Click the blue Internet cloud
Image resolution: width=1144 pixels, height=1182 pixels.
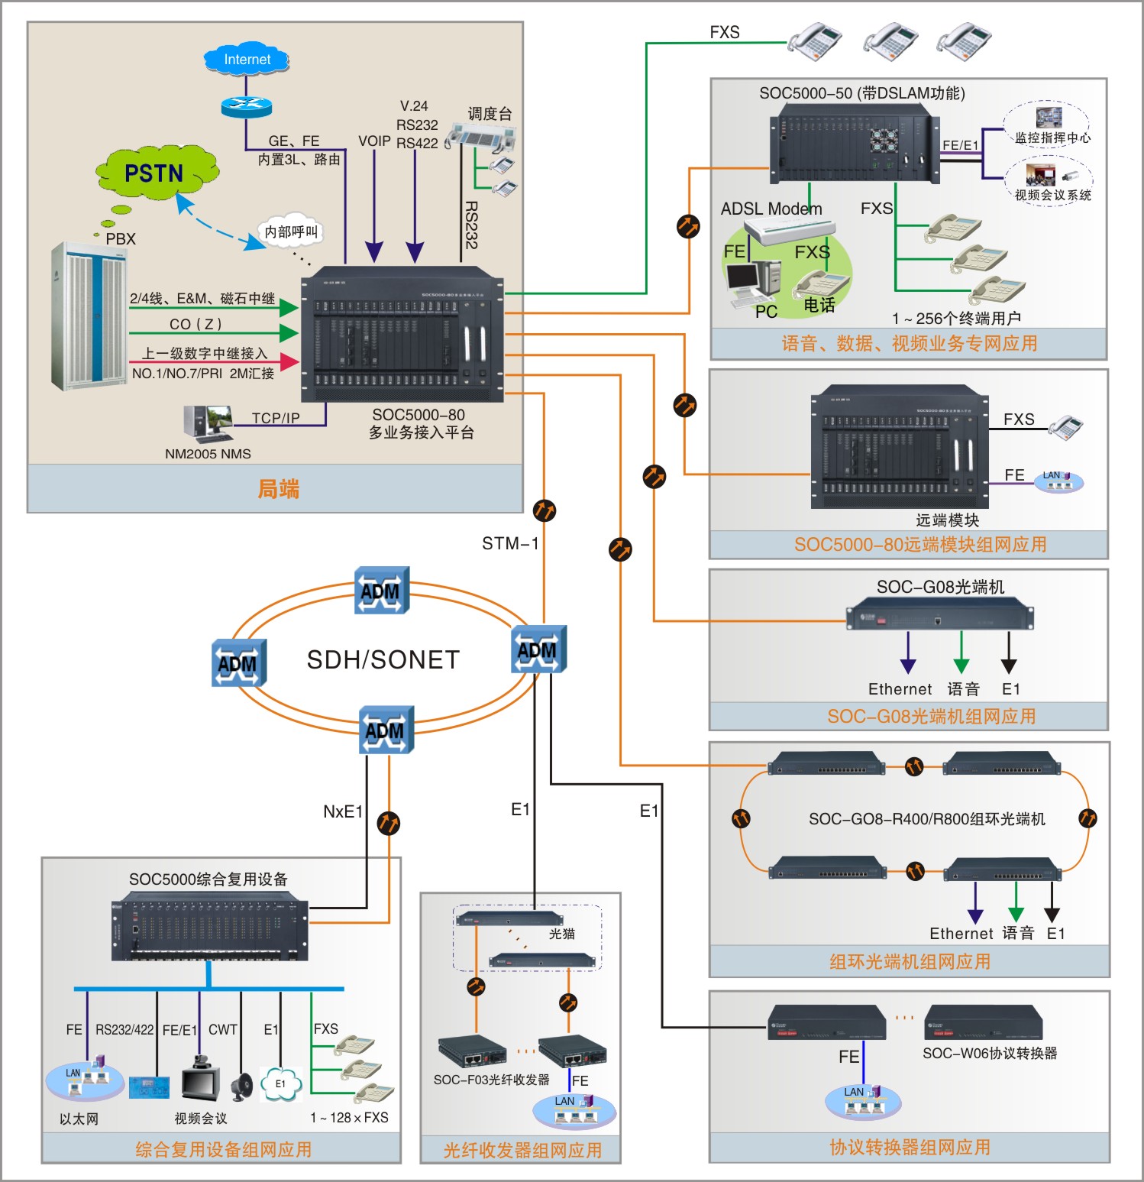pyautogui.click(x=247, y=59)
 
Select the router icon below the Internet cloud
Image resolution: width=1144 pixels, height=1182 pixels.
pyautogui.click(x=246, y=106)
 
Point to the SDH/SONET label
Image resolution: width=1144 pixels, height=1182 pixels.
pyautogui.click(x=383, y=660)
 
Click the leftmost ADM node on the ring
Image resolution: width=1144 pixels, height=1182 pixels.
pyautogui.click(x=239, y=662)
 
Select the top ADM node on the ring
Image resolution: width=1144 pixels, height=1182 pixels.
pyautogui.click(x=382, y=590)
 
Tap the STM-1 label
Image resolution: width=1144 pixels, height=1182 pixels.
pyautogui.click(x=510, y=543)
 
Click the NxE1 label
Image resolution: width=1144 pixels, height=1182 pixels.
pyautogui.click(x=343, y=811)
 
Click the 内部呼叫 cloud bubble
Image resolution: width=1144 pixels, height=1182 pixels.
pyautogui.click(x=291, y=232)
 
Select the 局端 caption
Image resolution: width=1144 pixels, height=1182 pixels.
pyautogui.click(x=278, y=489)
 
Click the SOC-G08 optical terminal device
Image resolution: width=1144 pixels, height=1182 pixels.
pyautogui.click(x=939, y=616)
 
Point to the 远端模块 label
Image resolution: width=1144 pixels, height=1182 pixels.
pyautogui.click(x=947, y=520)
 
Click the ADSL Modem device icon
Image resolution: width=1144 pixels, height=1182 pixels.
pyautogui.click(x=790, y=229)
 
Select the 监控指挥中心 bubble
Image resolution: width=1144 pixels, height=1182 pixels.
pyautogui.click(x=1047, y=125)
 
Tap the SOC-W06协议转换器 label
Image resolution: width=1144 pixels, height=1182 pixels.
pyautogui.click(x=990, y=1053)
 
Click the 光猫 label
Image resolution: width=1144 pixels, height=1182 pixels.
pyautogui.click(x=562, y=934)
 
